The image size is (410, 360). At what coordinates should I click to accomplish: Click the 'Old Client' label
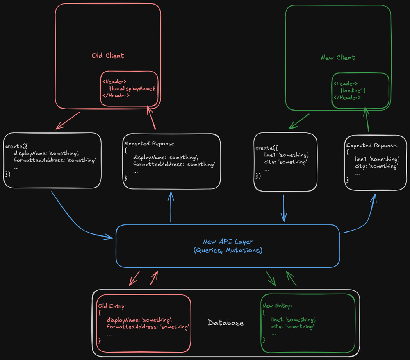(108, 56)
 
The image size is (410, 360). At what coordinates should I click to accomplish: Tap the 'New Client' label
(337, 58)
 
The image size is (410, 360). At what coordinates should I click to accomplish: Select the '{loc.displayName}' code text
(132, 88)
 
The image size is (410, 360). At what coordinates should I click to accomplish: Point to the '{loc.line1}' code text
(353, 91)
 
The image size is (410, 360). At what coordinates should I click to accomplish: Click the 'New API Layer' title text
(228, 242)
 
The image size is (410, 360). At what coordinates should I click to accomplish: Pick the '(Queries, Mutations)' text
(228, 250)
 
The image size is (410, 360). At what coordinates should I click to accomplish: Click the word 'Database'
(225, 323)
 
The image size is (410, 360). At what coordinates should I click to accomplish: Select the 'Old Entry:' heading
(112, 306)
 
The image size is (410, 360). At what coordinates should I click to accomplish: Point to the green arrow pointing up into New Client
(366, 119)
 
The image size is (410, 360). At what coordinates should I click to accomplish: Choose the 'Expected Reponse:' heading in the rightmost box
(371, 145)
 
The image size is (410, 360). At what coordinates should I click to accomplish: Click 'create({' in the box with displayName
(16, 146)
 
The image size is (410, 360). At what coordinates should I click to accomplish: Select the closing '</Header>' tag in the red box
(116, 95)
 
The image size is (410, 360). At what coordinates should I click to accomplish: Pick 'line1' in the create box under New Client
(271, 155)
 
